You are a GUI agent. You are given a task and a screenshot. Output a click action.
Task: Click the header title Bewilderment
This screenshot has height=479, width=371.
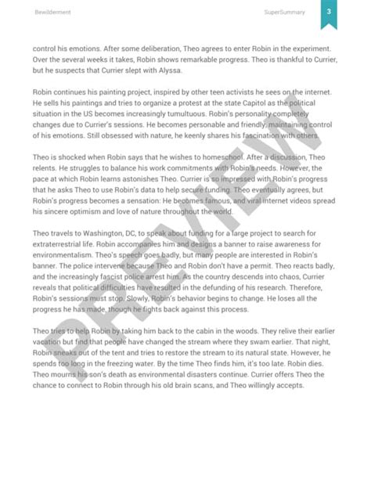point(49,13)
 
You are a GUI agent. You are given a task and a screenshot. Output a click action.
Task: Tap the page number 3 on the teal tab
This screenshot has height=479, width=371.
point(330,12)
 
